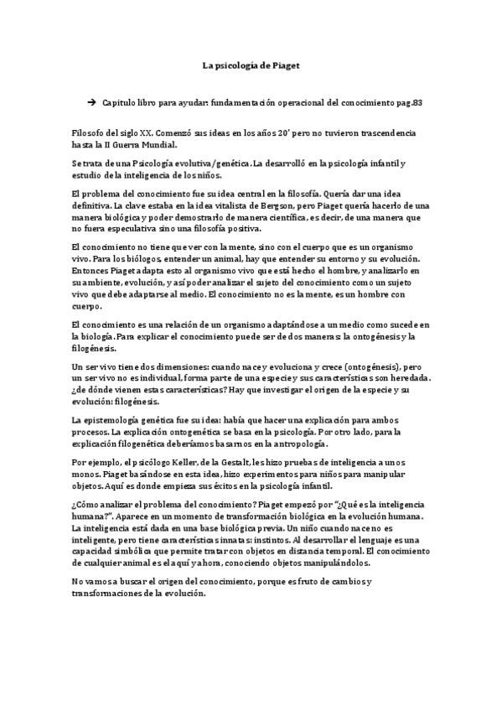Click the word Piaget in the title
pyautogui.click(x=282, y=64)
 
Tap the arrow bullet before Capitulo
pyautogui.click(x=91, y=101)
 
